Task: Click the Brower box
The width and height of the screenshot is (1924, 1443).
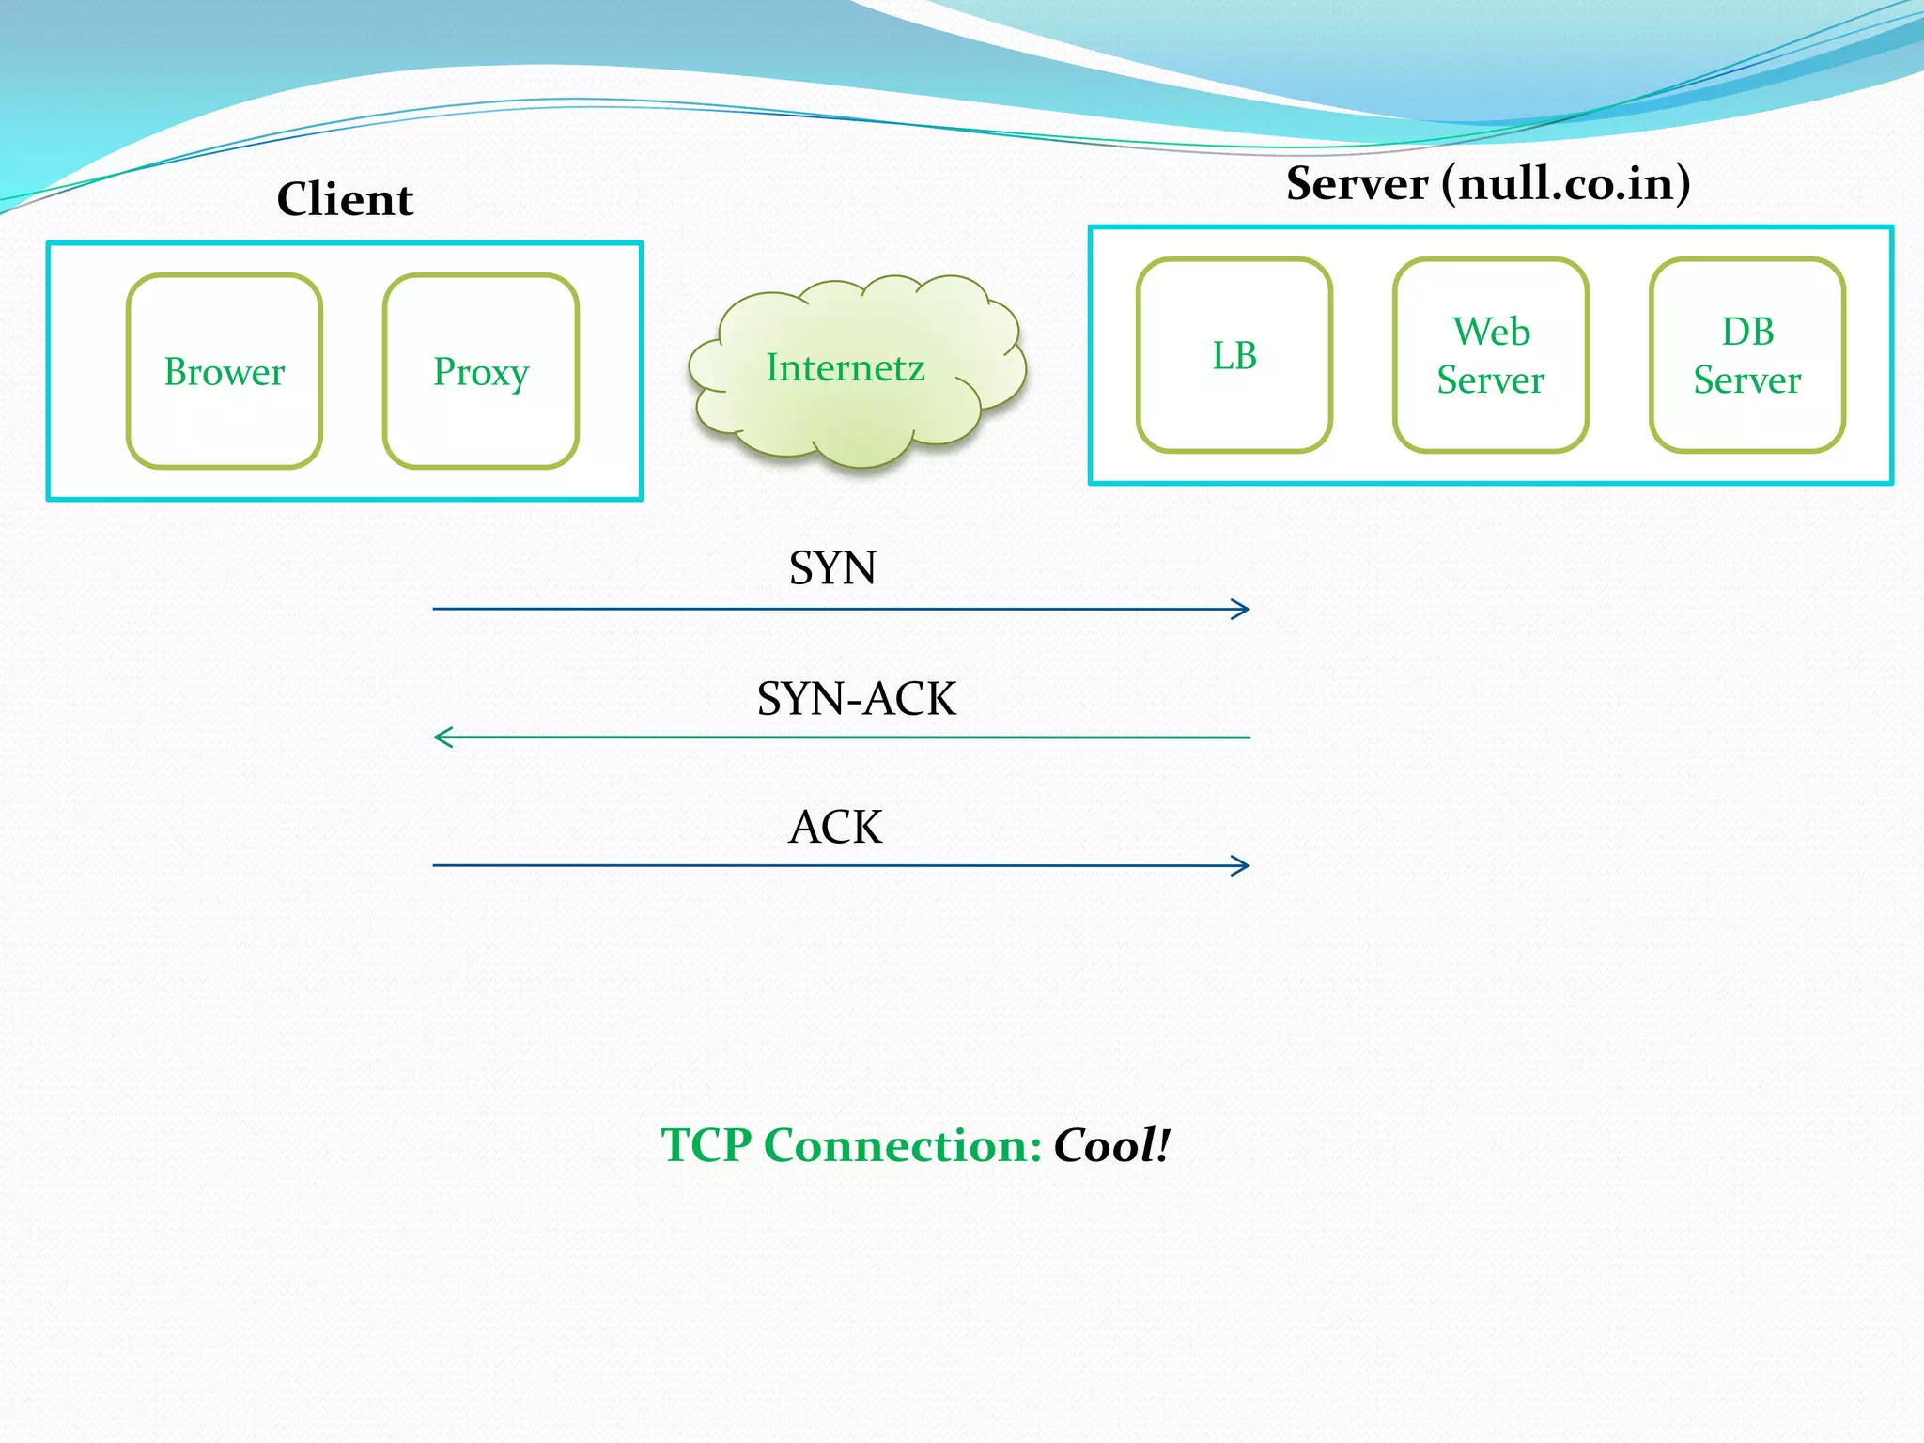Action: [x=225, y=371]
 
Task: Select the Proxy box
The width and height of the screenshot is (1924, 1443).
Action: [x=481, y=371]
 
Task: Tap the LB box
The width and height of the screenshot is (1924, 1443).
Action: [x=1234, y=355]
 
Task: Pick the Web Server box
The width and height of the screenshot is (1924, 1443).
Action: [x=1491, y=355]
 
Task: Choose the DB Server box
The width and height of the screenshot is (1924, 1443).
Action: [x=1747, y=355]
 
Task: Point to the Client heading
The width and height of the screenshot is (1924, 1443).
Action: [x=345, y=199]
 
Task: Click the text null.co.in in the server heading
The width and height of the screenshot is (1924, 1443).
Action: [x=1566, y=183]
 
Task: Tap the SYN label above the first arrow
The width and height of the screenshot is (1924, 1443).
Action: [x=832, y=568]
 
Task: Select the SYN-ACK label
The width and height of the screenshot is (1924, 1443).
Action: [x=856, y=699]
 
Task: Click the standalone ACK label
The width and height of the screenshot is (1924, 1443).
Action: [x=835, y=828]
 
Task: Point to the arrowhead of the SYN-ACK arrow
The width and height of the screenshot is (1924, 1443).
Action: [x=440, y=737]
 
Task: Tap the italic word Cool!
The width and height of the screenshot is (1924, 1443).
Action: [x=1111, y=1145]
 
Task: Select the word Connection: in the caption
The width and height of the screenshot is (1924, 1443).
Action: [x=903, y=1145]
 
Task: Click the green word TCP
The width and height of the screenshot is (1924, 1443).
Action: [x=706, y=1145]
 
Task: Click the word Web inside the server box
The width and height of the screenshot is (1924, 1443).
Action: [x=1491, y=332]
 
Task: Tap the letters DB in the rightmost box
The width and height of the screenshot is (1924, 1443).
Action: [x=1747, y=332]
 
